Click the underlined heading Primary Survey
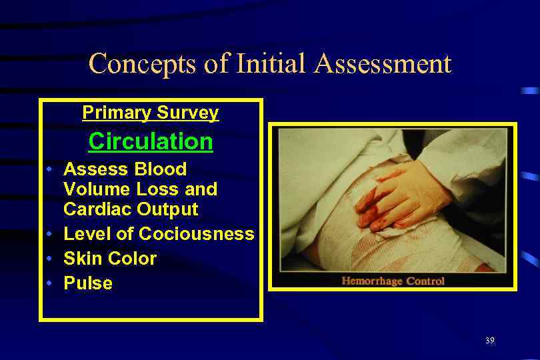(x=150, y=113)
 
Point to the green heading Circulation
(x=151, y=141)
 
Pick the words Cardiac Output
(x=131, y=209)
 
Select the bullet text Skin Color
(x=110, y=259)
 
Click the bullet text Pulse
(x=88, y=283)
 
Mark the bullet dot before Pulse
(x=51, y=283)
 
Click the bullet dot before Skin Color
(x=51, y=259)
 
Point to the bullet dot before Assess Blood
(x=51, y=169)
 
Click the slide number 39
(x=489, y=341)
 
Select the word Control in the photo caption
(x=425, y=281)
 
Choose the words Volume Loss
(x=140, y=189)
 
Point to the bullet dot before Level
(x=51, y=234)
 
